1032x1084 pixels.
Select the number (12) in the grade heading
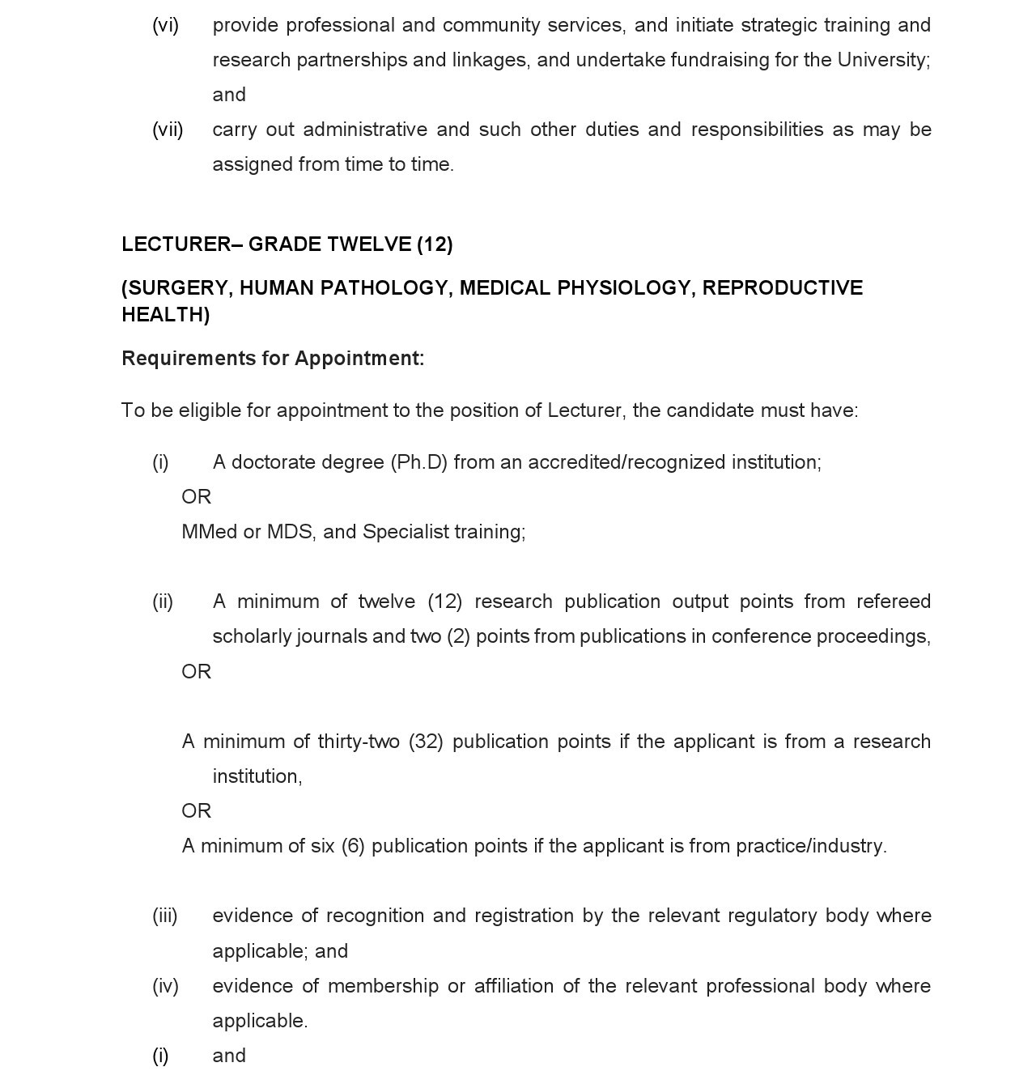pyautogui.click(x=435, y=244)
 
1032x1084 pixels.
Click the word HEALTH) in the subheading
pyautogui.click(x=165, y=315)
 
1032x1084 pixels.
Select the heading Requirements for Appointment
pyautogui.click(x=273, y=359)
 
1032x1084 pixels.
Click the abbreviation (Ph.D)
pyautogui.click(x=418, y=462)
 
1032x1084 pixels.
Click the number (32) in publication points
pyautogui.click(x=426, y=742)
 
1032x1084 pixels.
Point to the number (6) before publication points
pyautogui.click(x=353, y=846)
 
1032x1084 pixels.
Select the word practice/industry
pyautogui.click(x=811, y=846)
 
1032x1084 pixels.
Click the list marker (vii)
pyautogui.click(x=168, y=130)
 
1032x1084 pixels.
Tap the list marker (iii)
pyautogui.click(x=165, y=916)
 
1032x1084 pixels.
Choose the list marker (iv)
pyautogui.click(x=165, y=986)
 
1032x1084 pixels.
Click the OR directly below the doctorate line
pyautogui.click(x=196, y=497)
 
